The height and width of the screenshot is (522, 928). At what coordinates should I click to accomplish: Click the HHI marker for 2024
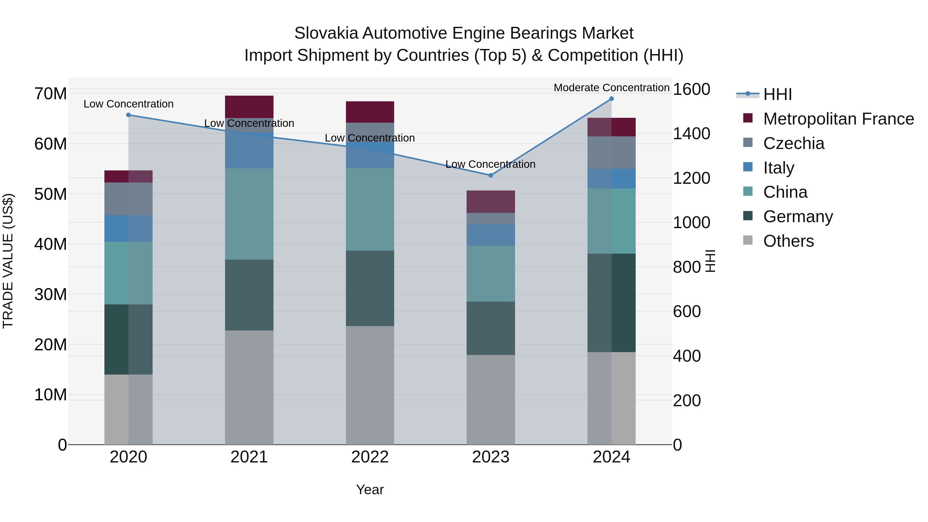tap(611, 99)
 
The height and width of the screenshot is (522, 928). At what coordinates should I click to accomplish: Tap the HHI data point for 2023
tap(491, 176)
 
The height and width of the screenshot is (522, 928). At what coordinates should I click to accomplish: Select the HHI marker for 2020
tap(129, 115)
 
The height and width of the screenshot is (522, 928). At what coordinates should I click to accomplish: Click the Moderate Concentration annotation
tap(611, 88)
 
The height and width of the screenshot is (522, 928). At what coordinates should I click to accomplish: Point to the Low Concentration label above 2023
tap(490, 164)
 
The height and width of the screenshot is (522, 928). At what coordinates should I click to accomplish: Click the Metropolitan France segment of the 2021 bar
tap(249, 107)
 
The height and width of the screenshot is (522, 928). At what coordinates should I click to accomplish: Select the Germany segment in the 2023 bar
tap(491, 328)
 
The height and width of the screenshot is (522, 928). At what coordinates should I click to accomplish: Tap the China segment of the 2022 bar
tap(370, 209)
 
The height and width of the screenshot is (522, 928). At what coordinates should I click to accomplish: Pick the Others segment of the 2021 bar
tap(249, 387)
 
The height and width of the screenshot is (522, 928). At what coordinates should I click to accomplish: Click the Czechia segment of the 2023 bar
tap(491, 219)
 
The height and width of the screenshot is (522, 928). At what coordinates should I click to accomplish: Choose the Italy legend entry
tap(778, 168)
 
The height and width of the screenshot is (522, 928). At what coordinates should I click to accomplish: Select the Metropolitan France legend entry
tap(838, 119)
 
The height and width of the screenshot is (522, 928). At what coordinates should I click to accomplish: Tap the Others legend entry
tap(788, 241)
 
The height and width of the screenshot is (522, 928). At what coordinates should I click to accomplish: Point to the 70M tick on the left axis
tap(51, 94)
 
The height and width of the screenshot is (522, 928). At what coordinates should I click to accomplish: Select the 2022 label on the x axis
tap(370, 457)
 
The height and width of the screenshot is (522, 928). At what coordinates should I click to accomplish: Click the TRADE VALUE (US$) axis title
tap(8, 261)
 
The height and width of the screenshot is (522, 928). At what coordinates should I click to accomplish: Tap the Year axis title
tap(370, 490)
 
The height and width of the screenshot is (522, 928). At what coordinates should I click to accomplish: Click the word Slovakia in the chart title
tap(326, 33)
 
